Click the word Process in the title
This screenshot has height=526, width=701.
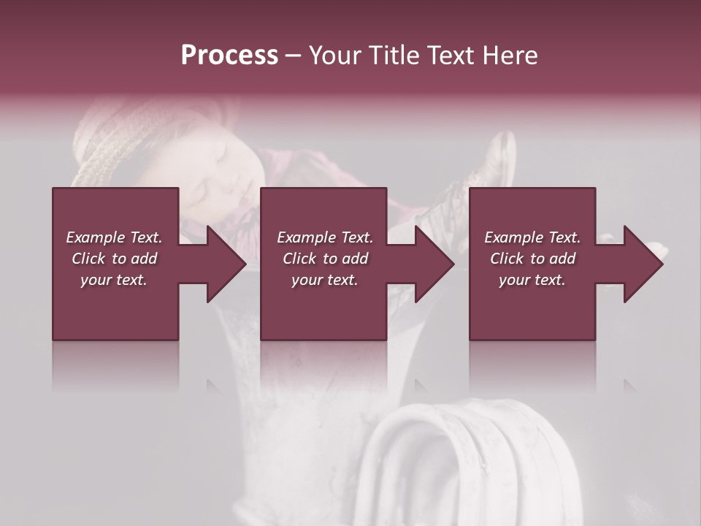[x=229, y=55]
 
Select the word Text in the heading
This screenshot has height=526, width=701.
[x=448, y=55]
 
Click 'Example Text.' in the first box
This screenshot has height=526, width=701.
[x=114, y=237]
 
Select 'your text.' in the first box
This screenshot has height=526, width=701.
[x=114, y=280]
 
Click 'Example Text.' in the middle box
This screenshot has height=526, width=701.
[x=325, y=237]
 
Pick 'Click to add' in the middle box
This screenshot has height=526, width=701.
[x=325, y=259]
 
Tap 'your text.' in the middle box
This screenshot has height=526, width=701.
[x=325, y=280]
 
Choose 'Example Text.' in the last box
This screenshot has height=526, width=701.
[x=532, y=237]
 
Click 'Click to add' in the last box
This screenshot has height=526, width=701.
[x=532, y=259]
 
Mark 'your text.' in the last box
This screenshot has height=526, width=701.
[x=532, y=280]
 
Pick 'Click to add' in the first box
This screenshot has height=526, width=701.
[x=114, y=259]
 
